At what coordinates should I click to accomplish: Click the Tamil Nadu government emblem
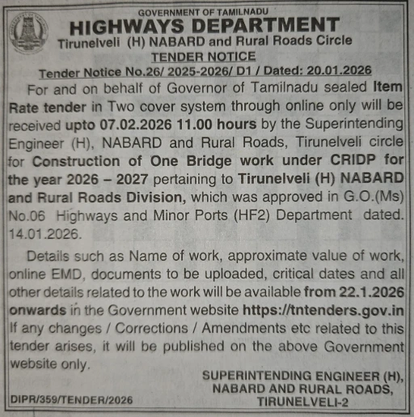(30, 34)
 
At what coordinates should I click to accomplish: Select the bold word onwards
(36, 311)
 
